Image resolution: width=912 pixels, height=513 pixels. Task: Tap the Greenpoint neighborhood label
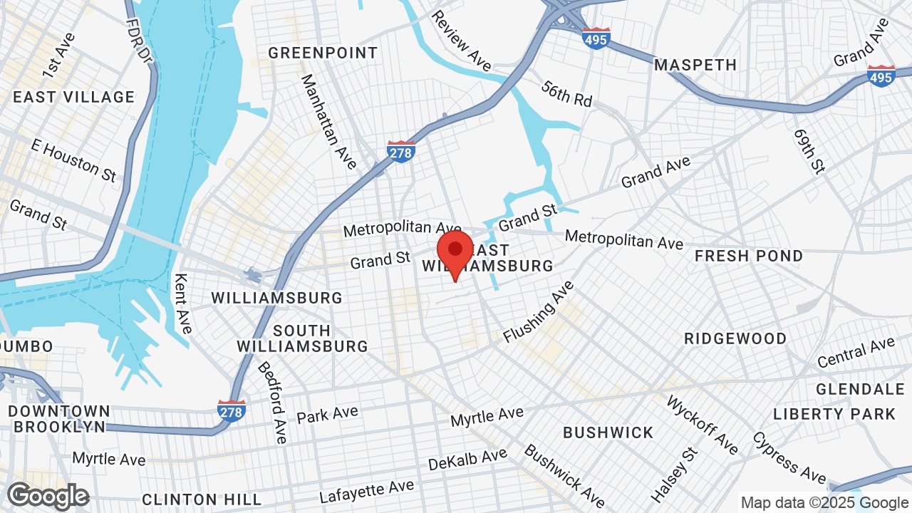coord(323,53)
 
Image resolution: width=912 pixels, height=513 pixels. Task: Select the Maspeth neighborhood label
coord(695,65)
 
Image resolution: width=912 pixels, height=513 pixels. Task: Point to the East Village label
coord(73,97)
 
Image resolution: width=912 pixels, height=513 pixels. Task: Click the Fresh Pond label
coord(749,256)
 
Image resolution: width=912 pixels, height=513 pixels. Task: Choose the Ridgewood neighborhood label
coord(735,338)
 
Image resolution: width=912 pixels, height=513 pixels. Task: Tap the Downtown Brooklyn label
coord(59,419)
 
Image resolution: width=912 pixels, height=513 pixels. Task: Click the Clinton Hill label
coord(188,499)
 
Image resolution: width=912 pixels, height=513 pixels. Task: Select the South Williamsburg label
coord(302,338)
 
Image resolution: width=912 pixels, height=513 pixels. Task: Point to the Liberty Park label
coord(834,414)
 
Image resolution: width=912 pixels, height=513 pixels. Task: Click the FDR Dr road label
coord(135,38)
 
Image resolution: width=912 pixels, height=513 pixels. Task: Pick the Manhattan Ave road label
coord(328,122)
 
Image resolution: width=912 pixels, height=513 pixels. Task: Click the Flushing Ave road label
coord(539,311)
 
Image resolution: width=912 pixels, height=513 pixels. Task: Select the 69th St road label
coord(809,150)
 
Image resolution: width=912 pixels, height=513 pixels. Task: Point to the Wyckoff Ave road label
coord(702,425)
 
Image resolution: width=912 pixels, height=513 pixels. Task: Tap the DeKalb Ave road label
coord(467,460)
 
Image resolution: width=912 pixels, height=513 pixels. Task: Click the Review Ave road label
coord(461,41)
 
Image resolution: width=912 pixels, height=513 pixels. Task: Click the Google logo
coord(48,496)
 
